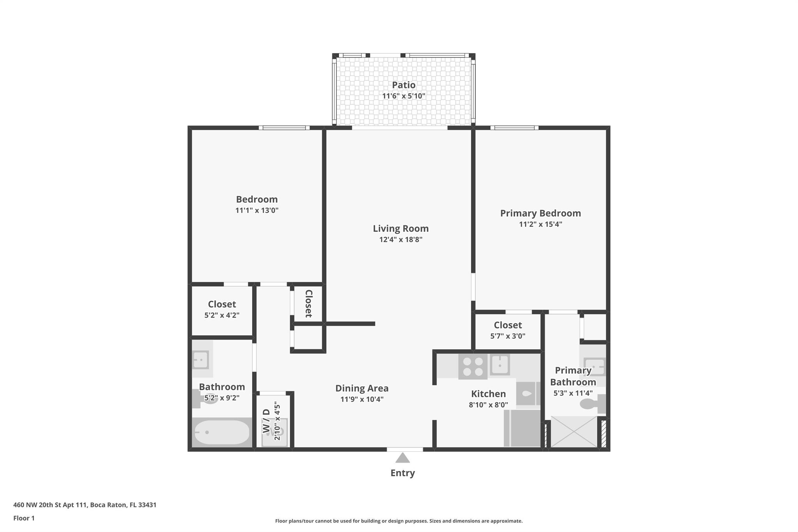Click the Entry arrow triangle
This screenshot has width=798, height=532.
(x=403, y=458)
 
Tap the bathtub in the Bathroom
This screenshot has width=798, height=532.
(x=222, y=432)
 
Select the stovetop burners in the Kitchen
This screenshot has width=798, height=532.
(x=473, y=367)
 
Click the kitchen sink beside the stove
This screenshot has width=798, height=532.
(x=500, y=365)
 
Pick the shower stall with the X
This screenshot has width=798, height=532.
(x=574, y=431)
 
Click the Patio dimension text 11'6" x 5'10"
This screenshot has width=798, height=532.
(x=404, y=96)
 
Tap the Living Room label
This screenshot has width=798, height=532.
(x=401, y=229)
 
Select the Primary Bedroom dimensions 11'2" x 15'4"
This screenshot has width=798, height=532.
(x=540, y=224)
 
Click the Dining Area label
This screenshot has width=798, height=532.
(x=362, y=389)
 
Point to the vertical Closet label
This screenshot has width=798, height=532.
(x=309, y=304)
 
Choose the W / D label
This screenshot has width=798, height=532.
(x=266, y=421)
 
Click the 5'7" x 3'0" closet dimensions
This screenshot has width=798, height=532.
(x=508, y=336)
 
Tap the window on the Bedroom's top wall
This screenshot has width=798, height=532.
(x=284, y=127)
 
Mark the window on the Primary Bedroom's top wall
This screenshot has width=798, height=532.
(x=514, y=127)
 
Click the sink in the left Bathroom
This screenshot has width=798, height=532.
(x=201, y=360)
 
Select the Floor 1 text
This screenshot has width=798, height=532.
(x=24, y=518)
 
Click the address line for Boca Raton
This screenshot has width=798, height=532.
(x=85, y=505)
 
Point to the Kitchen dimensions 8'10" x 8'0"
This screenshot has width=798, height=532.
(x=488, y=405)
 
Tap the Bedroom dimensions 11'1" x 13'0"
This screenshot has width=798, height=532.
(x=257, y=210)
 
